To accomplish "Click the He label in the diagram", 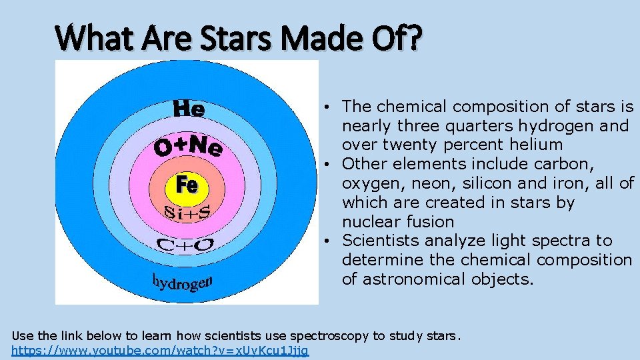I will coord(189,109).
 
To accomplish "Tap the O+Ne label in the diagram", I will coord(189,147).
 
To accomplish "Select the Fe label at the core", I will coord(187,184).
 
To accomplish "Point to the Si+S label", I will coord(187,213).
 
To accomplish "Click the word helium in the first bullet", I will coord(538,145).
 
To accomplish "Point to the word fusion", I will coord(431,221).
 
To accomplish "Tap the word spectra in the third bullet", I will coord(558,241).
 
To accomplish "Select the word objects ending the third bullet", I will coord(503,279).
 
